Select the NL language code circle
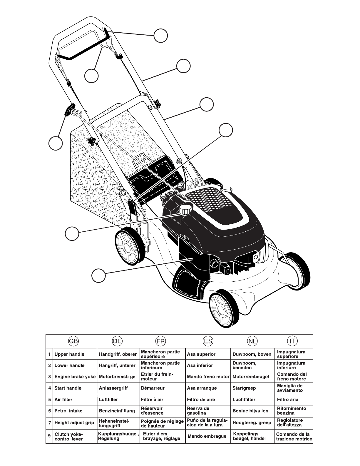(252, 341)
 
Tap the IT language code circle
(292, 341)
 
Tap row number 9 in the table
(49, 436)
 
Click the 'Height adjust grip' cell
(74, 423)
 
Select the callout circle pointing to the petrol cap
(72, 234)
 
